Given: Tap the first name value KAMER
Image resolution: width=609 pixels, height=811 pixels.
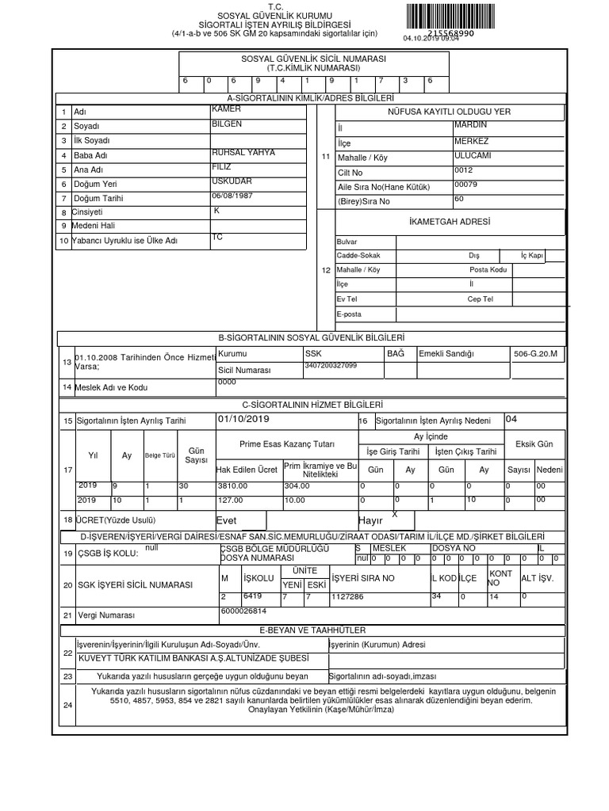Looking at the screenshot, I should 227,109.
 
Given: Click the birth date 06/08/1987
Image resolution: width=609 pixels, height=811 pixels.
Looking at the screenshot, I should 232,195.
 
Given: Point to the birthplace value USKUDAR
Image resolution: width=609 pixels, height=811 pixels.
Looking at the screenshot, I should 232,181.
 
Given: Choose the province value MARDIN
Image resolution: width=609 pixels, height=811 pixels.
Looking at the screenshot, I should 471,124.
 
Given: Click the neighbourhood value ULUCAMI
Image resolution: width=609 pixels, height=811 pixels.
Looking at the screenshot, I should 473,155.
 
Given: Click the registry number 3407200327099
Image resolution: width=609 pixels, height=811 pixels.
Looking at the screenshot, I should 331,365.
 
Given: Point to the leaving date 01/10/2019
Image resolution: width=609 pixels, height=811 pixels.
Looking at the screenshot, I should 243,419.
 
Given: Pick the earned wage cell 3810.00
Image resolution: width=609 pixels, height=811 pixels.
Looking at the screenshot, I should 232,485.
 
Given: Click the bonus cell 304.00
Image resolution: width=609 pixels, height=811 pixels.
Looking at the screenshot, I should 297,485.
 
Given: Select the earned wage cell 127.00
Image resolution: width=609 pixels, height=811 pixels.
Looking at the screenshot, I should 230,500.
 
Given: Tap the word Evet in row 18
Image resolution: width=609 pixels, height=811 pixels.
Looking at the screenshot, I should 227,520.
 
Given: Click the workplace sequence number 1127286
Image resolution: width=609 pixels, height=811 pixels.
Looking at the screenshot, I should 347,596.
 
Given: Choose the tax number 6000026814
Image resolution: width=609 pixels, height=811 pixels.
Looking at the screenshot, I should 243,611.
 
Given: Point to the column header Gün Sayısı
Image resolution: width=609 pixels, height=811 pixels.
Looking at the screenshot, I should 196,455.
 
